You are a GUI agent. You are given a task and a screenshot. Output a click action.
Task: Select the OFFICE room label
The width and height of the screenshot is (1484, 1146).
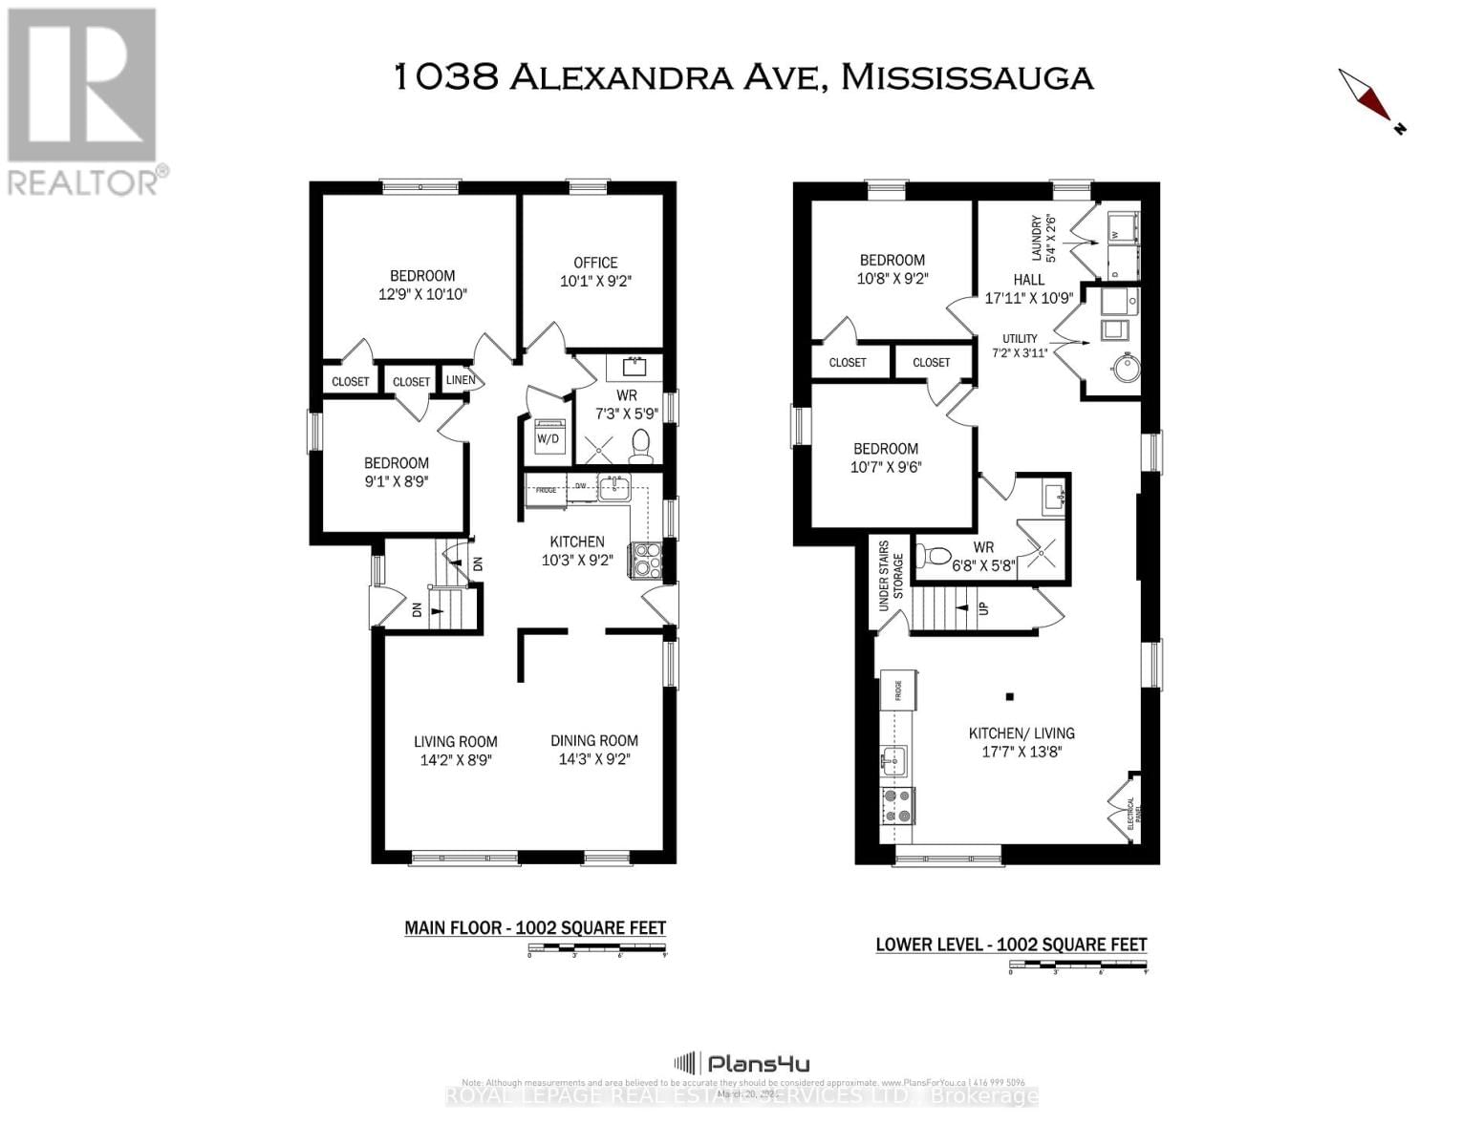point(595,263)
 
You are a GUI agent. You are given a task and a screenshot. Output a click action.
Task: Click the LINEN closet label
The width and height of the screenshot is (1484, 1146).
point(461,380)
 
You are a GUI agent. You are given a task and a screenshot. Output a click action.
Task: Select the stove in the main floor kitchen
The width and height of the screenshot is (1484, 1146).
point(644,560)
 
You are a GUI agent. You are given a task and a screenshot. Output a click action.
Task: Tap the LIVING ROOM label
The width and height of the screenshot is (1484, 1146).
point(456,741)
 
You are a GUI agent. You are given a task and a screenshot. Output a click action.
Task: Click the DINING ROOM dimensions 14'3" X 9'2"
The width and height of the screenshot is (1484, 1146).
point(594,760)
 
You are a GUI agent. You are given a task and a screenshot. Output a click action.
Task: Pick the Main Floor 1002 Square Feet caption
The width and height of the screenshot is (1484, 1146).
point(535,927)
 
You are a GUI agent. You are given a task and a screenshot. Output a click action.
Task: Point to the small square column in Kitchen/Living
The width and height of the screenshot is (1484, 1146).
point(1008,696)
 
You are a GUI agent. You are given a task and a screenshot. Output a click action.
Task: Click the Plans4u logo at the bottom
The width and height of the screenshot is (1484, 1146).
point(742,1063)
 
